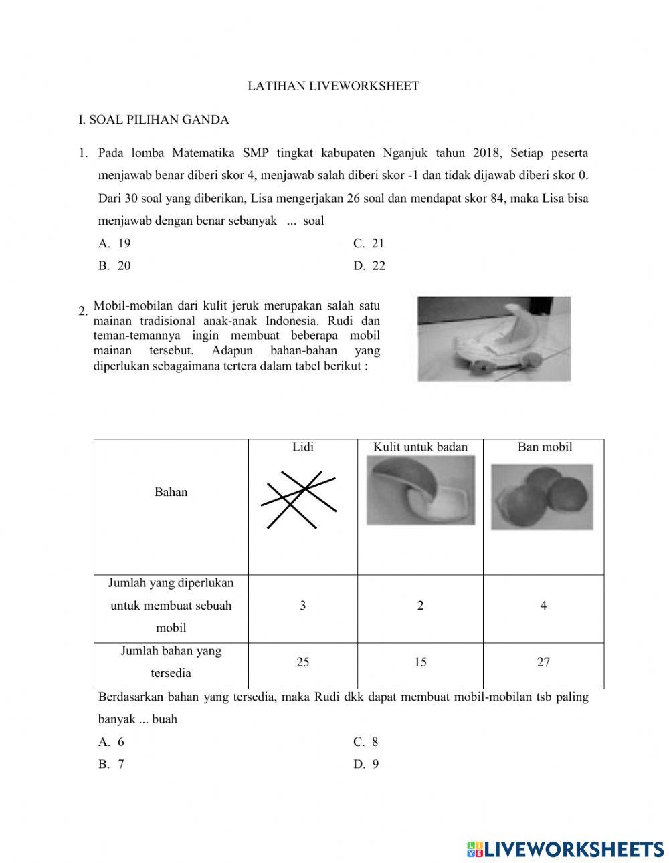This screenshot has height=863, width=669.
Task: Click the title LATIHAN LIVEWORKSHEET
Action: coord(333,86)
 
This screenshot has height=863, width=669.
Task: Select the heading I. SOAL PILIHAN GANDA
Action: coord(154,120)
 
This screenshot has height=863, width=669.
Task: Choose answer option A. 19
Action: coord(114,243)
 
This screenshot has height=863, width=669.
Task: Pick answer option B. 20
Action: coord(114,265)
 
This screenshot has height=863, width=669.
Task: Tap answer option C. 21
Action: coord(369,243)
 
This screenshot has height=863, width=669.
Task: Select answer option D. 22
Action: coord(369,265)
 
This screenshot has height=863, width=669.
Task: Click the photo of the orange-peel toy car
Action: coord(494,339)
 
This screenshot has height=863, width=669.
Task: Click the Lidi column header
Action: coord(302,447)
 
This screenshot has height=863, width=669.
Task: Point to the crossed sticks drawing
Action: coord(298,499)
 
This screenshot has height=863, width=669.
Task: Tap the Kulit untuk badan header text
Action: coord(420,447)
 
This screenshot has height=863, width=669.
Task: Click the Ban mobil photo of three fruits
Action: coord(542,497)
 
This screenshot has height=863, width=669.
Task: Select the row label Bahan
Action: coord(171,492)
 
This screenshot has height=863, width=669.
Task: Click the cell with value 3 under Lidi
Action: coord(302,606)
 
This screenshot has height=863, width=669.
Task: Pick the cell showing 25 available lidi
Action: coord(302,662)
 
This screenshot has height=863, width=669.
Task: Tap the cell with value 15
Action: coord(420,662)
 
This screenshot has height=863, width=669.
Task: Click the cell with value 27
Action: coord(543,662)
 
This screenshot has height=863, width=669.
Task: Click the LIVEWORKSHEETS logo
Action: coord(565,849)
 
